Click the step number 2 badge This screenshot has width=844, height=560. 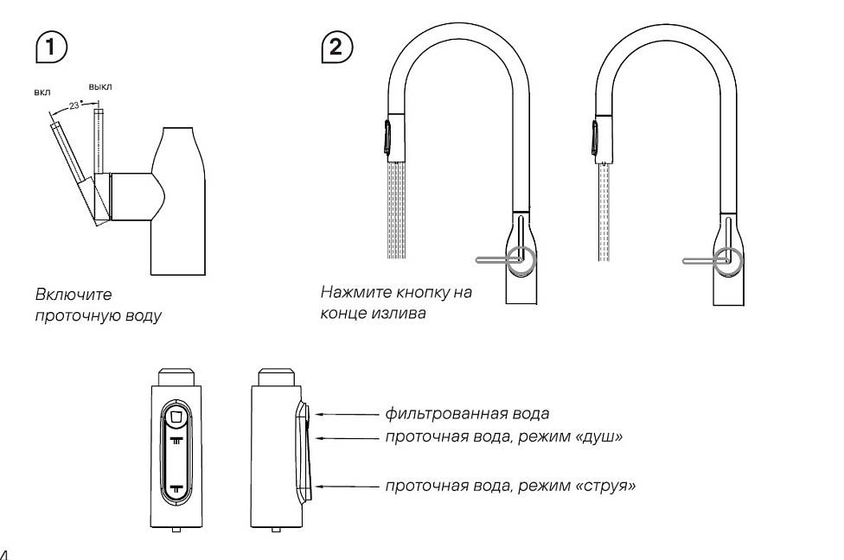[x=336, y=47]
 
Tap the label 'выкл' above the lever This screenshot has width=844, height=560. [x=99, y=86]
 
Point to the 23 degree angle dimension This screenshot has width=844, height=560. [x=74, y=105]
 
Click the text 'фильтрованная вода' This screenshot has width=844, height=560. [x=467, y=415]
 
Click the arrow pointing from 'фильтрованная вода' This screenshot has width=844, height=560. [x=346, y=415]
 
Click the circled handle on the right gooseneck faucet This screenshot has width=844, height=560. [x=727, y=258]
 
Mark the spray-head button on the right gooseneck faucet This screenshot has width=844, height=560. [x=596, y=135]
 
